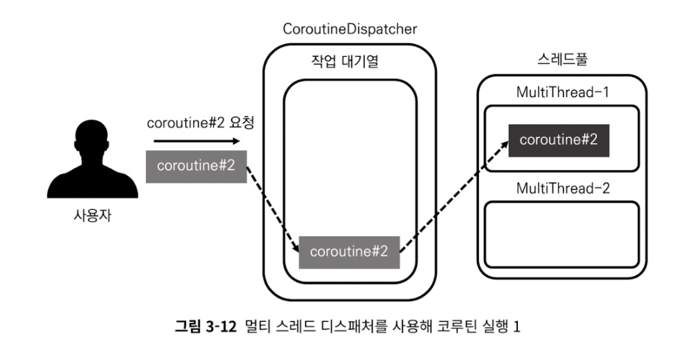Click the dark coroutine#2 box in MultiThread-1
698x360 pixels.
[x=558, y=140]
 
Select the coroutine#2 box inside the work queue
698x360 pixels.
[x=350, y=251]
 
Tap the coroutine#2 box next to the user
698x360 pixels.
[x=196, y=166]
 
